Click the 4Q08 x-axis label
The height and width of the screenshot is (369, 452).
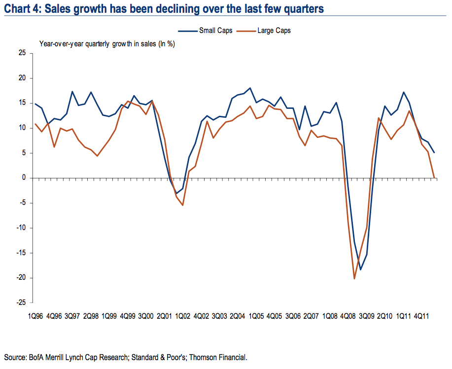[349, 315]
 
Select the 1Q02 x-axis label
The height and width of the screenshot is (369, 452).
[182, 315]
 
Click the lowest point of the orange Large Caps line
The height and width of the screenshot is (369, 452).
[354, 279]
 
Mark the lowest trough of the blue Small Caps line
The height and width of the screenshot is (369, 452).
[360, 269]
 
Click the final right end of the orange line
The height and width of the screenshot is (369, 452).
[434, 177]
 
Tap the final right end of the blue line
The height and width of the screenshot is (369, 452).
[434, 153]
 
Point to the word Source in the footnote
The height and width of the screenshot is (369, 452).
[16, 357]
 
